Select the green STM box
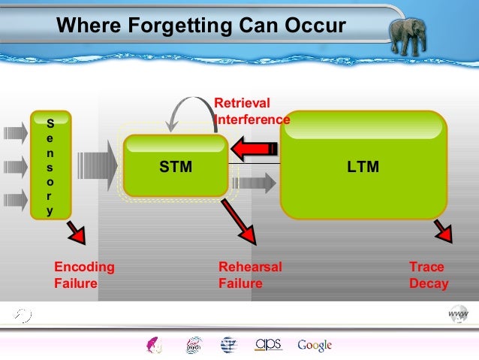(176, 167)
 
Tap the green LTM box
(363, 166)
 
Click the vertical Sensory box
(50, 165)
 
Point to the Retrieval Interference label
(252, 111)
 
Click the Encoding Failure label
(84, 275)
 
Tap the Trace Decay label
(428, 275)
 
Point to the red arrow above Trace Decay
(441, 232)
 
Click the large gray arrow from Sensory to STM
(98, 167)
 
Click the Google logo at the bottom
(315, 345)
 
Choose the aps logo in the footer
(268, 343)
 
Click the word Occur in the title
(314, 27)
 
